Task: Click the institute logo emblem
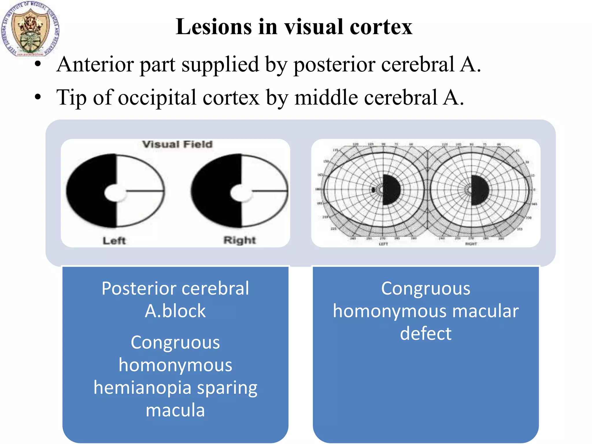click(30, 29)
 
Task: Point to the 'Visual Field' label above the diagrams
click(177, 144)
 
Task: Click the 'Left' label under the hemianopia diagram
click(114, 240)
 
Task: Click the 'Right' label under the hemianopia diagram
click(240, 240)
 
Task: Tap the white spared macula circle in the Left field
click(114, 193)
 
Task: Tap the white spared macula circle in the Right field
click(240, 193)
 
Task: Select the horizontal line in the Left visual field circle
click(145, 191)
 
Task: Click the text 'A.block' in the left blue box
click(175, 311)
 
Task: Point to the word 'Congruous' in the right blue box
click(425, 288)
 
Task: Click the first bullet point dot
click(38, 64)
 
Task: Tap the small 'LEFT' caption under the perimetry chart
click(383, 244)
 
